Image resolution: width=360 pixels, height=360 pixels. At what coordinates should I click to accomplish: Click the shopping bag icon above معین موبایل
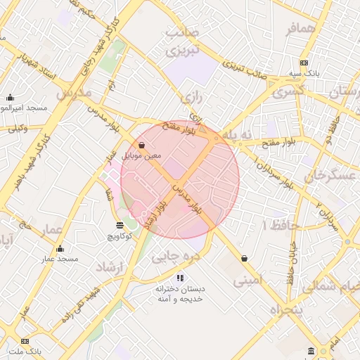[142, 146]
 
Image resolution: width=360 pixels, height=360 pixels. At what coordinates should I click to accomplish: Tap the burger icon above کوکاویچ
[120, 225]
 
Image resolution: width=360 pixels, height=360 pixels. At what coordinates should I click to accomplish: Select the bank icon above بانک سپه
[303, 63]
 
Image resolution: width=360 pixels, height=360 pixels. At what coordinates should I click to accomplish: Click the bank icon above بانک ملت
[25, 341]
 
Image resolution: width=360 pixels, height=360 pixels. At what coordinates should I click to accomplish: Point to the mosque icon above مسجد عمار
[60, 248]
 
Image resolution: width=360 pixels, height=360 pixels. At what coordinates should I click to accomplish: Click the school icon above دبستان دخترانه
[179, 277]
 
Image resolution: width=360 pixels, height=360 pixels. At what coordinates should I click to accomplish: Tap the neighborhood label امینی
[252, 281]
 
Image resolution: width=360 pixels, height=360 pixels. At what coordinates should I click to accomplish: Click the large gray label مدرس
[72, 94]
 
